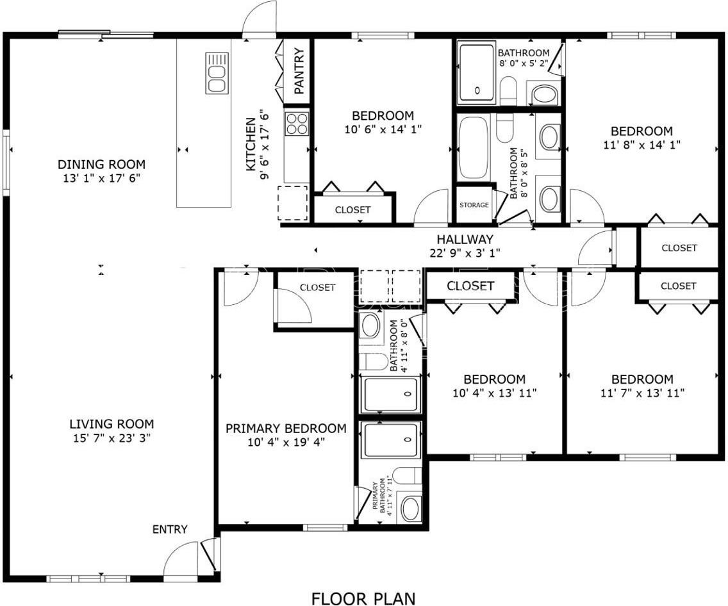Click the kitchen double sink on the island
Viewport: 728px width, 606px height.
pyautogui.click(x=217, y=73)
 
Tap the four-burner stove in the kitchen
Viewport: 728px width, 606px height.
pyautogui.click(x=297, y=123)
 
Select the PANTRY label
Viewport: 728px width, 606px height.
pyautogui.click(x=299, y=70)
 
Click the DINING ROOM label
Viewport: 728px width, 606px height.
pyautogui.click(x=101, y=165)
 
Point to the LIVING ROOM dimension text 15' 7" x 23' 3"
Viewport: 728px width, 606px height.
pyautogui.click(x=111, y=438)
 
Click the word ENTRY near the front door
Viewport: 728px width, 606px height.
pyautogui.click(x=170, y=529)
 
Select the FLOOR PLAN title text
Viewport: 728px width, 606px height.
pyautogui.click(x=363, y=598)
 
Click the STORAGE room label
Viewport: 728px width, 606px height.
pyautogui.click(x=474, y=205)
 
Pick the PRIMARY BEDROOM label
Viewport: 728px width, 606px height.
pyautogui.click(x=286, y=428)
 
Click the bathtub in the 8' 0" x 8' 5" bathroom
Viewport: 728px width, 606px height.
pyautogui.click(x=474, y=147)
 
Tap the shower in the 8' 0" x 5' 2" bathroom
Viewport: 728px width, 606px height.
pyautogui.click(x=477, y=73)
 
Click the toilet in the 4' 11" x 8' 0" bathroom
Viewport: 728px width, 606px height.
pyautogui.click(x=373, y=361)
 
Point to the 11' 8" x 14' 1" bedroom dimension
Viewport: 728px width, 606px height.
pyautogui.click(x=641, y=145)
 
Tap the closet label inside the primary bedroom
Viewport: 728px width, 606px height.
pyautogui.click(x=317, y=288)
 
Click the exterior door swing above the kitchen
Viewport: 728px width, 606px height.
pyautogui.click(x=260, y=19)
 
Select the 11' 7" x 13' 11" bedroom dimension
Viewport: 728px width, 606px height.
pyautogui.click(x=642, y=393)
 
